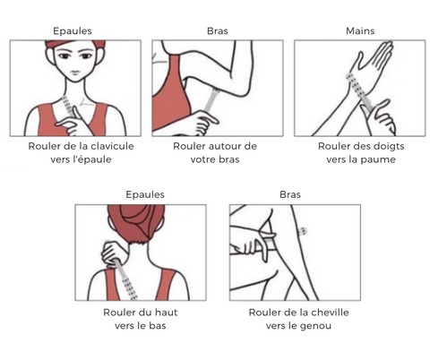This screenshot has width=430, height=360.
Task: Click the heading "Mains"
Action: point(360,30)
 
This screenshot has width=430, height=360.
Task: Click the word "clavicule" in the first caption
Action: point(112,146)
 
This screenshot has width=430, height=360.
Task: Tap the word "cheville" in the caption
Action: point(331,313)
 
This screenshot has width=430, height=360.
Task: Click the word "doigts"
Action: point(387,146)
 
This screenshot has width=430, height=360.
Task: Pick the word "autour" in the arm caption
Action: point(224,146)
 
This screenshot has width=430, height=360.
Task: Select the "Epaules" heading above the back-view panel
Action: point(145,194)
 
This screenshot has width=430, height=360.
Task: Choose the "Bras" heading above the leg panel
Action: point(290,194)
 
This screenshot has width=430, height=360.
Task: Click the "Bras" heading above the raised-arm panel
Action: point(218,30)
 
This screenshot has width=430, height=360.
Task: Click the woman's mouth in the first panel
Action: point(75,73)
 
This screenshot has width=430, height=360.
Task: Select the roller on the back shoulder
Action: point(125,279)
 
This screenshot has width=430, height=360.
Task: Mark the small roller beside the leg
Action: point(302,231)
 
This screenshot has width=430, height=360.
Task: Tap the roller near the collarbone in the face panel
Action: point(68,107)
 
